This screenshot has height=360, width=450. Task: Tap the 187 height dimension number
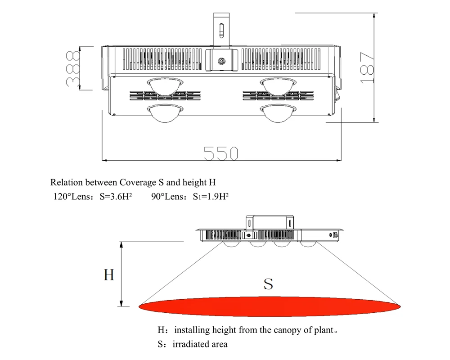pyautogui.click(x=367, y=68)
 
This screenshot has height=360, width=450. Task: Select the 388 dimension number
pyautogui.click(x=73, y=68)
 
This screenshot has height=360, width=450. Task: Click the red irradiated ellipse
pyautogui.click(x=270, y=306)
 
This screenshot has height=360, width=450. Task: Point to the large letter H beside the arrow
pyautogui.click(x=109, y=275)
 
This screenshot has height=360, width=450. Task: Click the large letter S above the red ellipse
pyautogui.click(x=268, y=284)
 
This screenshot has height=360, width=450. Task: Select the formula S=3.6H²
pyautogui.click(x=116, y=197)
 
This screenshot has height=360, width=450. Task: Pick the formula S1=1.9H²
pyautogui.click(x=211, y=197)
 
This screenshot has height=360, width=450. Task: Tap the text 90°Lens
pyautogui.click(x=168, y=197)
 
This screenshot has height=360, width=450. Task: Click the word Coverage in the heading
pyautogui.click(x=137, y=183)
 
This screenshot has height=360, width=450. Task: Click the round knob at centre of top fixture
pyautogui.click(x=221, y=61)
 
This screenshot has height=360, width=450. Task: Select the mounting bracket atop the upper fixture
pyautogui.click(x=221, y=29)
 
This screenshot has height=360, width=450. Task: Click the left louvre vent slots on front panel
pyautogui.click(x=165, y=96)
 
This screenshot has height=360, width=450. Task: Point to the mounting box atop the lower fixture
pyautogui.click(x=270, y=222)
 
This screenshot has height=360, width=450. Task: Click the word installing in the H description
pyautogui.click(x=192, y=330)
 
